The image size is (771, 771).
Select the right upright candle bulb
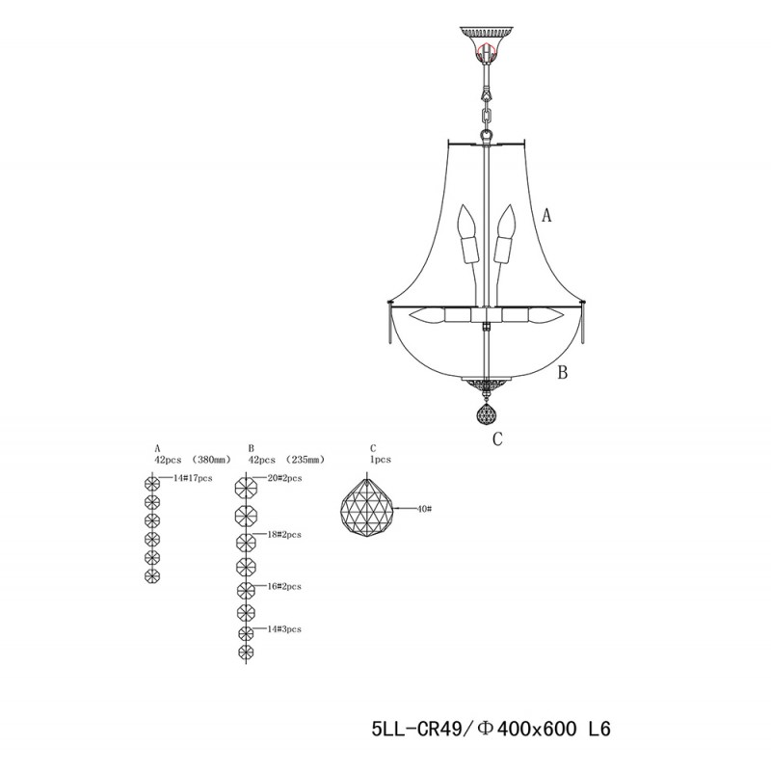503,235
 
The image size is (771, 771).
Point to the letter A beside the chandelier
546,217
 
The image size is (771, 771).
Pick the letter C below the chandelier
497,440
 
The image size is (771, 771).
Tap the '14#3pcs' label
282,628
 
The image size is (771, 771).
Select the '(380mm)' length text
211,461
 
